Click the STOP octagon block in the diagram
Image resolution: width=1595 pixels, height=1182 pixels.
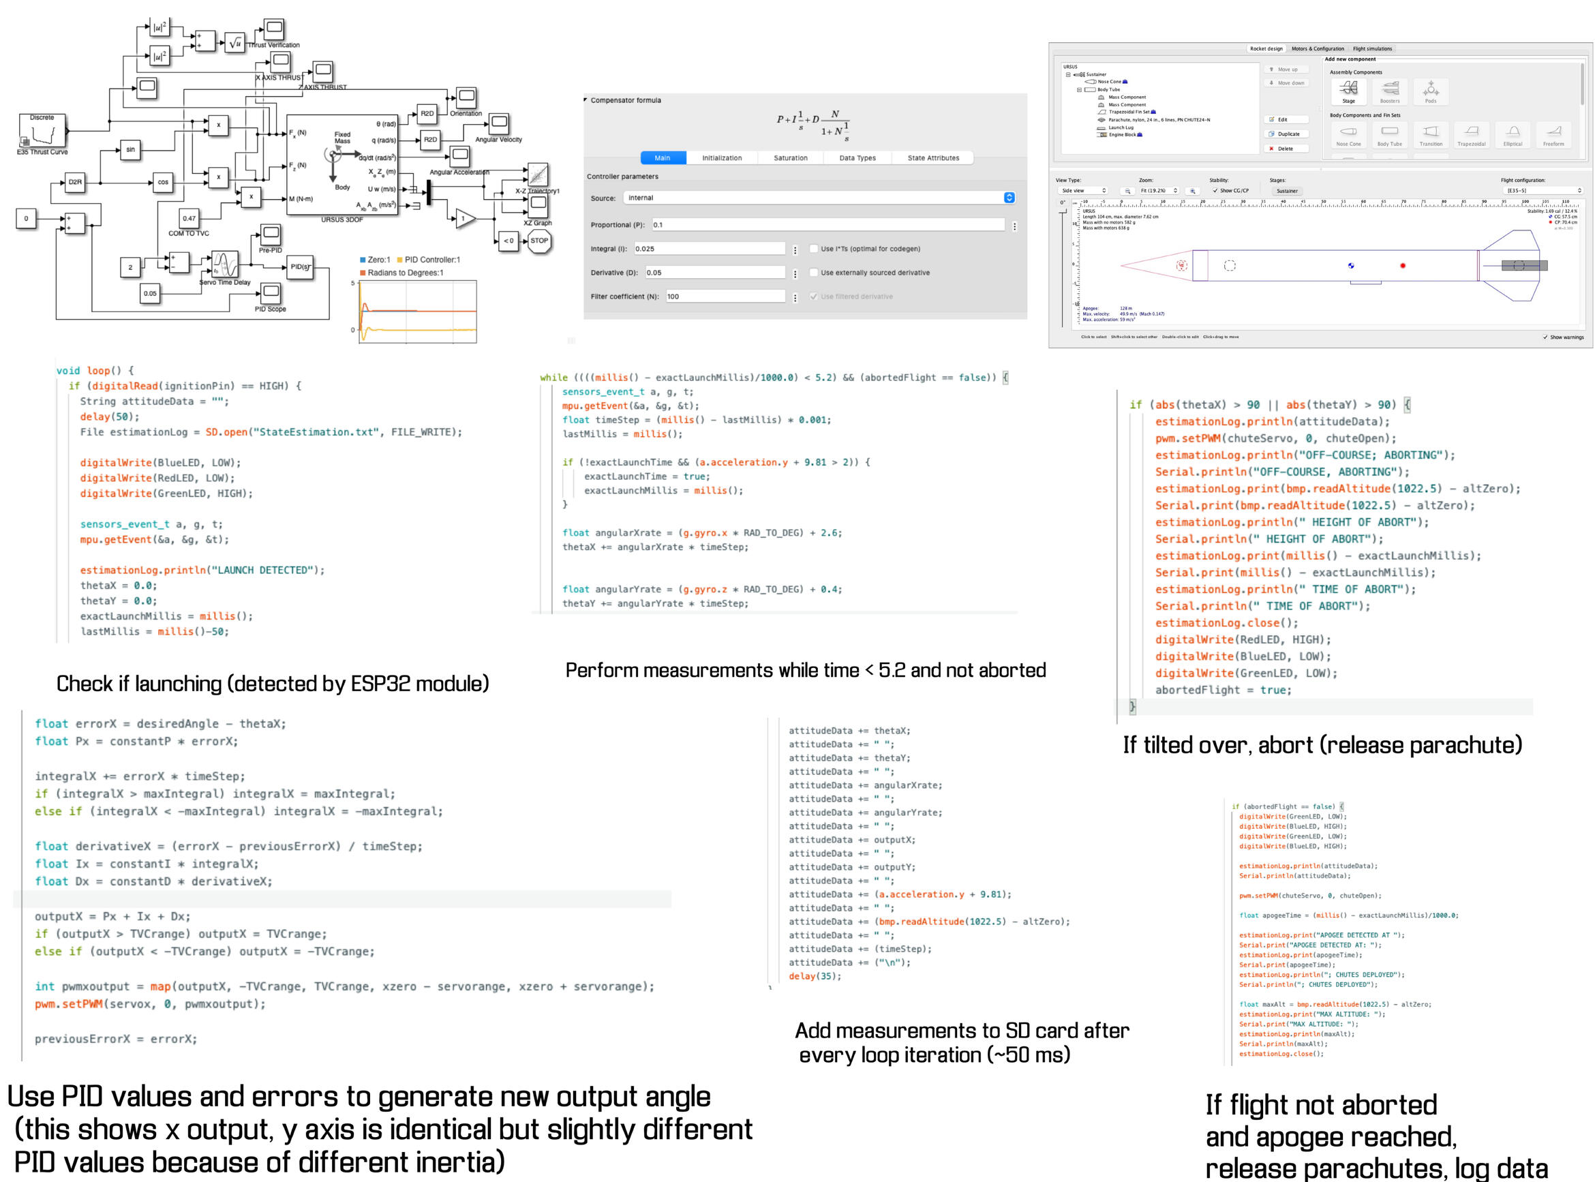[x=538, y=241]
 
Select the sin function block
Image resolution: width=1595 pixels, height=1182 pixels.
[x=130, y=150]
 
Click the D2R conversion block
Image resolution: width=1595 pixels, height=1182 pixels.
[x=75, y=183]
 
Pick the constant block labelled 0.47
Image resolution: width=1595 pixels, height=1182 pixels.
[x=189, y=219]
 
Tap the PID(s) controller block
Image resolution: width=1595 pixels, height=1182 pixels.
[x=300, y=267]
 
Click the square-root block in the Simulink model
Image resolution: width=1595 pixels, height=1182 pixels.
[x=235, y=44]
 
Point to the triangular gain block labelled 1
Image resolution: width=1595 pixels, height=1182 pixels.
[x=464, y=219]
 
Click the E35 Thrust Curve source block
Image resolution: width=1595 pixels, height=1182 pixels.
[x=42, y=131]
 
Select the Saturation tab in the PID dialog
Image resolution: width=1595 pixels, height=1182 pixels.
[x=791, y=158]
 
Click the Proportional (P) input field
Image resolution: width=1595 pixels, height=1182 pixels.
[x=827, y=225]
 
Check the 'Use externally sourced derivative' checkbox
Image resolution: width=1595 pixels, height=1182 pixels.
[x=814, y=273]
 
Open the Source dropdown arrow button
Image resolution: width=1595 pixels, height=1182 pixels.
[x=1009, y=198]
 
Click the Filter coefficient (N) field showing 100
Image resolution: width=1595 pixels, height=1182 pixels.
[x=725, y=297]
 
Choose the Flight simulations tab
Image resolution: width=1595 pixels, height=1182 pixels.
[x=1372, y=48]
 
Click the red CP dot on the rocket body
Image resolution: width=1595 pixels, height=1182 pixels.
[x=1403, y=266]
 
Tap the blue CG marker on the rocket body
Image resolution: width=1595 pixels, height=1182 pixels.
[x=1350, y=266]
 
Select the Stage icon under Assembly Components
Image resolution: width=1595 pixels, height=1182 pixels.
[x=1348, y=90]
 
